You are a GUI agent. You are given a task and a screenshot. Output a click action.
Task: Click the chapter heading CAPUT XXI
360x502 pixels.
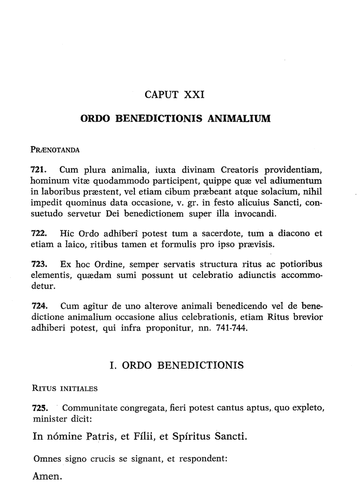click(x=175, y=95)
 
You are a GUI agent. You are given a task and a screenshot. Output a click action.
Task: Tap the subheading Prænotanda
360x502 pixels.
click(x=55, y=150)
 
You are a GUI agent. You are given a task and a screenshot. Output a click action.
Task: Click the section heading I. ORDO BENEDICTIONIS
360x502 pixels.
click(x=176, y=365)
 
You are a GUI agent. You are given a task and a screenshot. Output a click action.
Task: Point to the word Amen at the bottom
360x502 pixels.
click(x=48, y=476)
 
